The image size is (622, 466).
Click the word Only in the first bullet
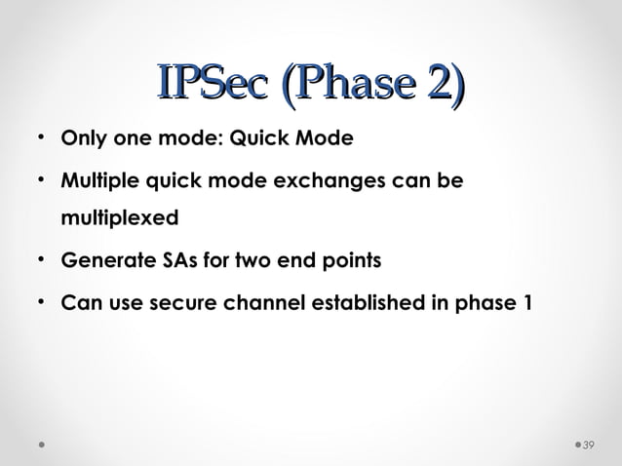[83, 138]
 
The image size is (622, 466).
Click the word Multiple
[98, 181]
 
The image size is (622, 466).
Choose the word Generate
[101, 261]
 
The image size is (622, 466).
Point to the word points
[352, 261]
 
